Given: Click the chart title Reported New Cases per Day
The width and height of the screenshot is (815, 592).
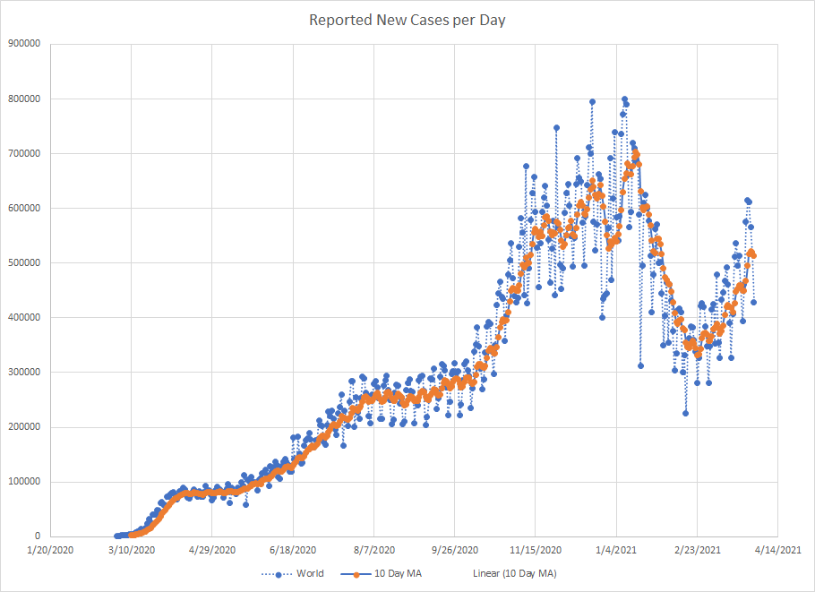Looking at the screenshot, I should coord(407,20).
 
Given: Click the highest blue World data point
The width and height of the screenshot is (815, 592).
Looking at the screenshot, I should coord(624,99).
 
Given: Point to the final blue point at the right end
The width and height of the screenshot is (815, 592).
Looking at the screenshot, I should coord(754,302).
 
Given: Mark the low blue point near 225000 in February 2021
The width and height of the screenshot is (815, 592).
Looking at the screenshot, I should coord(685,413).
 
